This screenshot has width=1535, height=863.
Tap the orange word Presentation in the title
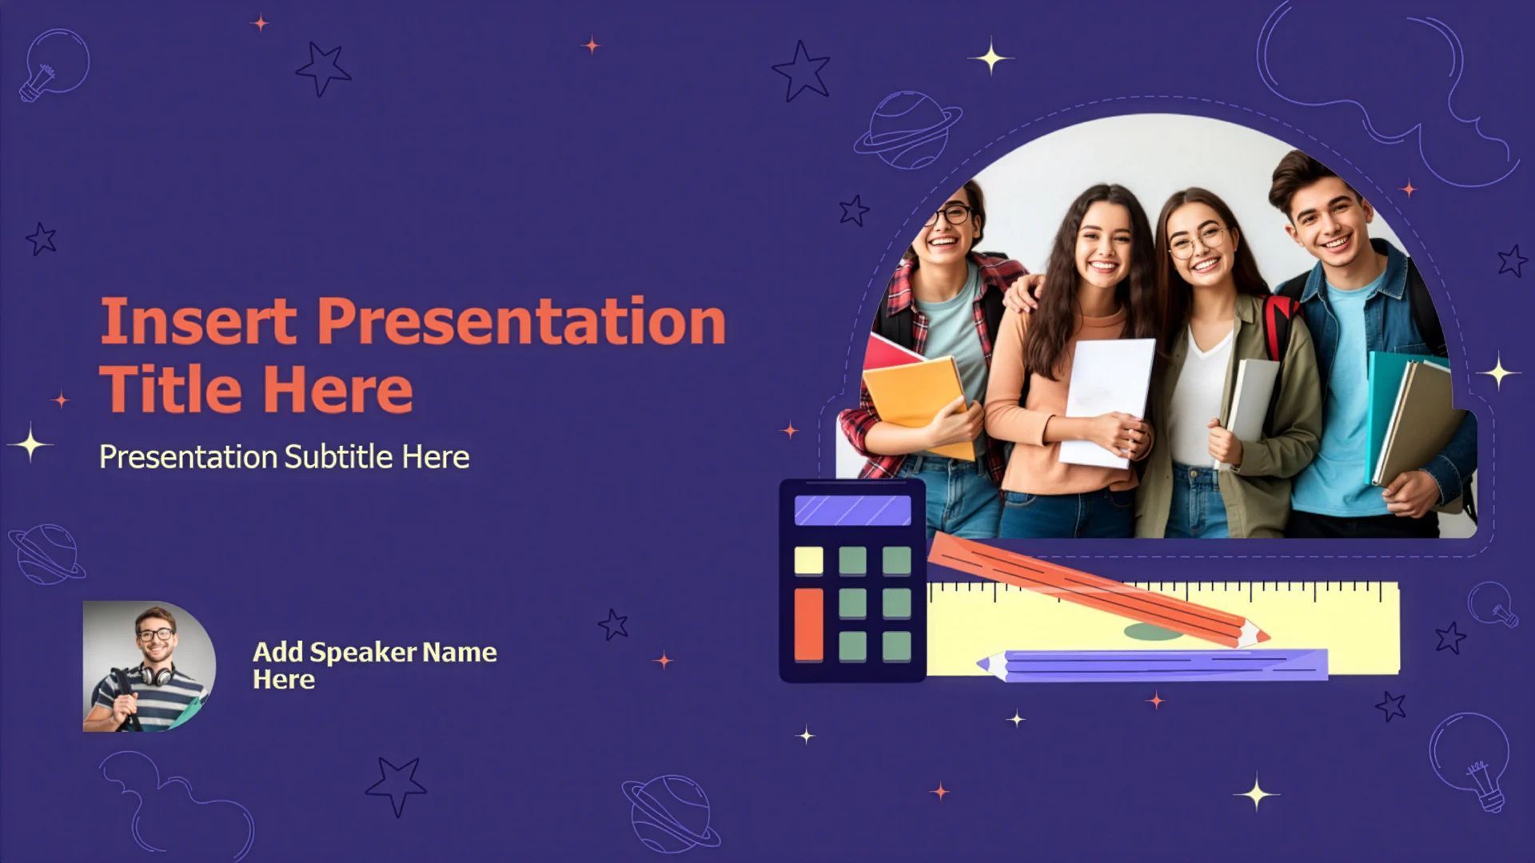pyautogui.click(x=521, y=321)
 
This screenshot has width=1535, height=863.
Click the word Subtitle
pyautogui.click(x=339, y=457)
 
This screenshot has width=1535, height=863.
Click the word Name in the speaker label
pyautogui.click(x=460, y=652)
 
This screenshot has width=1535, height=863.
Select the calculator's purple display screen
pyautogui.click(x=852, y=510)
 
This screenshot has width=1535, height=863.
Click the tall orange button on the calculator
pyautogui.click(x=808, y=625)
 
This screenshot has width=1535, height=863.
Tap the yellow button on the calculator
pyautogui.click(x=808, y=560)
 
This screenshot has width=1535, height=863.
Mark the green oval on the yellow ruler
pyautogui.click(x=1153, y=633)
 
